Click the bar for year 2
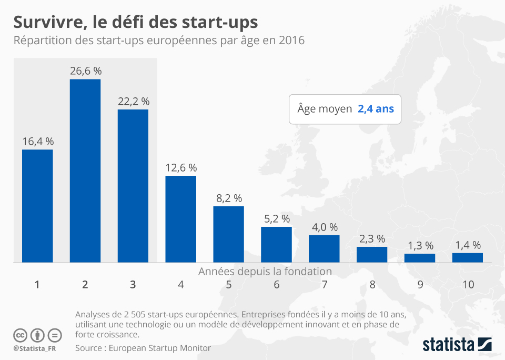(x=85, y=171)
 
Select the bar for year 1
(x=37, y=206)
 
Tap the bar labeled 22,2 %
(x=133, y=186)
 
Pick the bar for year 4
(x=181, y=219)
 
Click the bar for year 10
(x=468, y=257)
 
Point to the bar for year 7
(x=324, y=248)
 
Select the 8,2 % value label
(x=229, y=198)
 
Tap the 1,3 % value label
(x=420, y=246)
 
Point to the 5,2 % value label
(x=277, y=219)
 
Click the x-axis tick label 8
(x=372, y=285)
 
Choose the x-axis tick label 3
(x=133, y=285)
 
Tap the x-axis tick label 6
(x=277, y=285)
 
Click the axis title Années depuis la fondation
(x=265, y=272)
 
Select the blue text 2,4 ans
(x=376, y=109)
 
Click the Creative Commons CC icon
(x=20, y=335)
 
